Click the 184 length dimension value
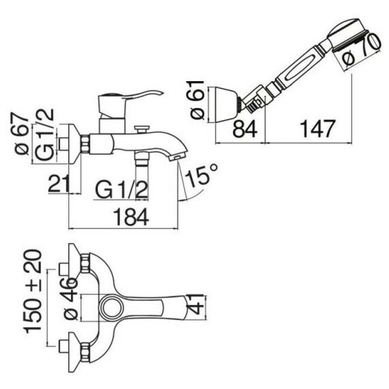tap(131, 217)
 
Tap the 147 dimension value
tap(317, 128)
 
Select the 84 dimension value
tap(245, 128)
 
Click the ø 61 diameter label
tap(197, 100)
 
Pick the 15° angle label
tap(201, 175)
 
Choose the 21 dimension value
tap(58, 184)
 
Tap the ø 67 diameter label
tap(22, 134)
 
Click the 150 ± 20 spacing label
tap(33, 291)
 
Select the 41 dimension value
tap(196, 304)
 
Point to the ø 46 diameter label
tap(71, 299)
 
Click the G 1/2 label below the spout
tap(121, 190)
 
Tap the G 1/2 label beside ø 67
tap(44, 134)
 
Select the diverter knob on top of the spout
tap(141, 129)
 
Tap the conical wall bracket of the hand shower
tap(226, 104)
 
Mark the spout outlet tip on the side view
tap(177, 158)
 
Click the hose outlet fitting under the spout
tap(142, 159)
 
